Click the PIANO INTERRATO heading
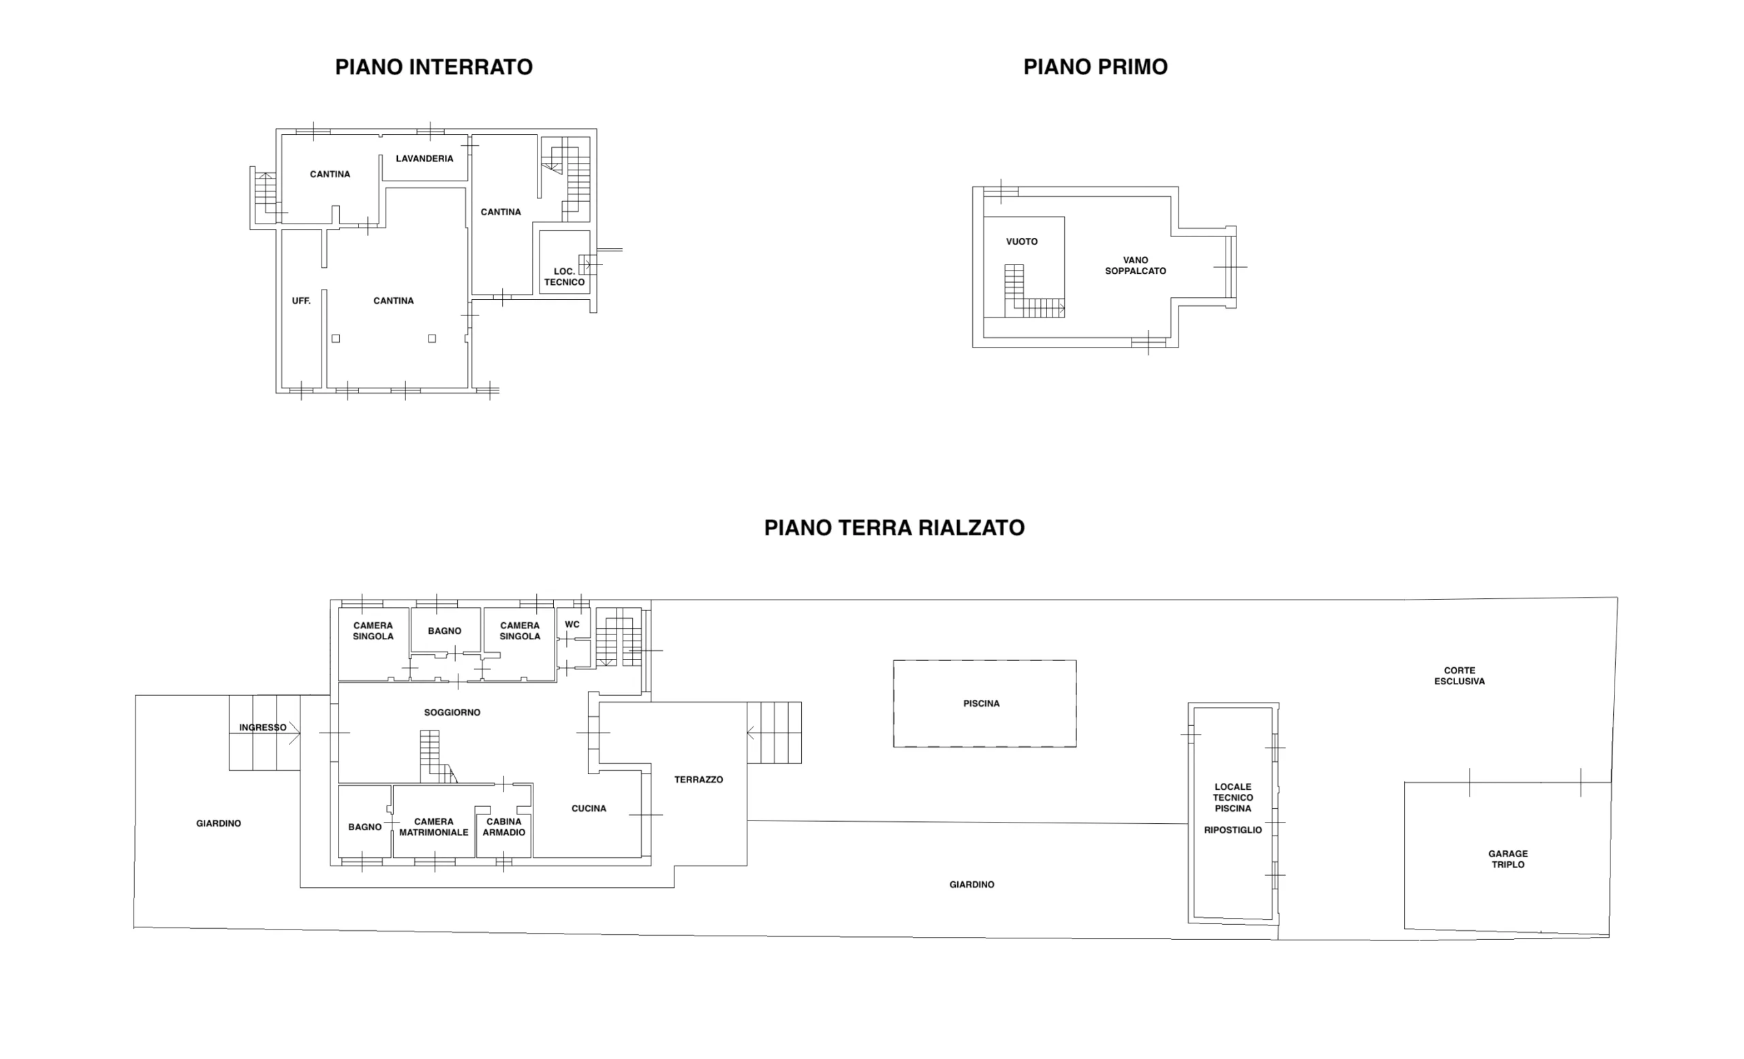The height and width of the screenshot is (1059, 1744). tap(434, 67)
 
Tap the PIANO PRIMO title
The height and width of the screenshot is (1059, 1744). tap(1095, 67)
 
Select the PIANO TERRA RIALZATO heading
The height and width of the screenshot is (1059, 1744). tap(894, 528)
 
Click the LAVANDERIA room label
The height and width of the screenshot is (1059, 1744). tap(424, 159)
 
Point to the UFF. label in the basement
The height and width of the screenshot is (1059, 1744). tap(302, 301)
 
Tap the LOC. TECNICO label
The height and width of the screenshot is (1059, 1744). tap(564, 277)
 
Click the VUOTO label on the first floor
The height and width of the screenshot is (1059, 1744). tap(1022, 241)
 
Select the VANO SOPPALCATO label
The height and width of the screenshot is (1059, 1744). tap(1135, 266)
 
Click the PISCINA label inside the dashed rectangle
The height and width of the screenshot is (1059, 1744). tap(982, 704)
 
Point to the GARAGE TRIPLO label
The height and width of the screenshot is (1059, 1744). tap(1508, 859)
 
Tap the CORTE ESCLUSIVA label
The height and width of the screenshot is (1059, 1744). tap(1459, 675)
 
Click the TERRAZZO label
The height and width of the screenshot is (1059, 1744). tap(698, 780)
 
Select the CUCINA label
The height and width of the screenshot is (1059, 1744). tap(589, 808)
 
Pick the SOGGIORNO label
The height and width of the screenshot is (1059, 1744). tap(452, 712)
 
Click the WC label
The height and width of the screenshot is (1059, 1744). tap(572, 624)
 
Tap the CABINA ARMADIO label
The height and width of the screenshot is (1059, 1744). tap(504, 827)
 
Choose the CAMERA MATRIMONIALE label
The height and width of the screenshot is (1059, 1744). tap(434, 827)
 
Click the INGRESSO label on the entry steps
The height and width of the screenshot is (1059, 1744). tap(262, 728)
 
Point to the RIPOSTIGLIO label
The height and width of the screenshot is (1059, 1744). tap(1233, 829)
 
